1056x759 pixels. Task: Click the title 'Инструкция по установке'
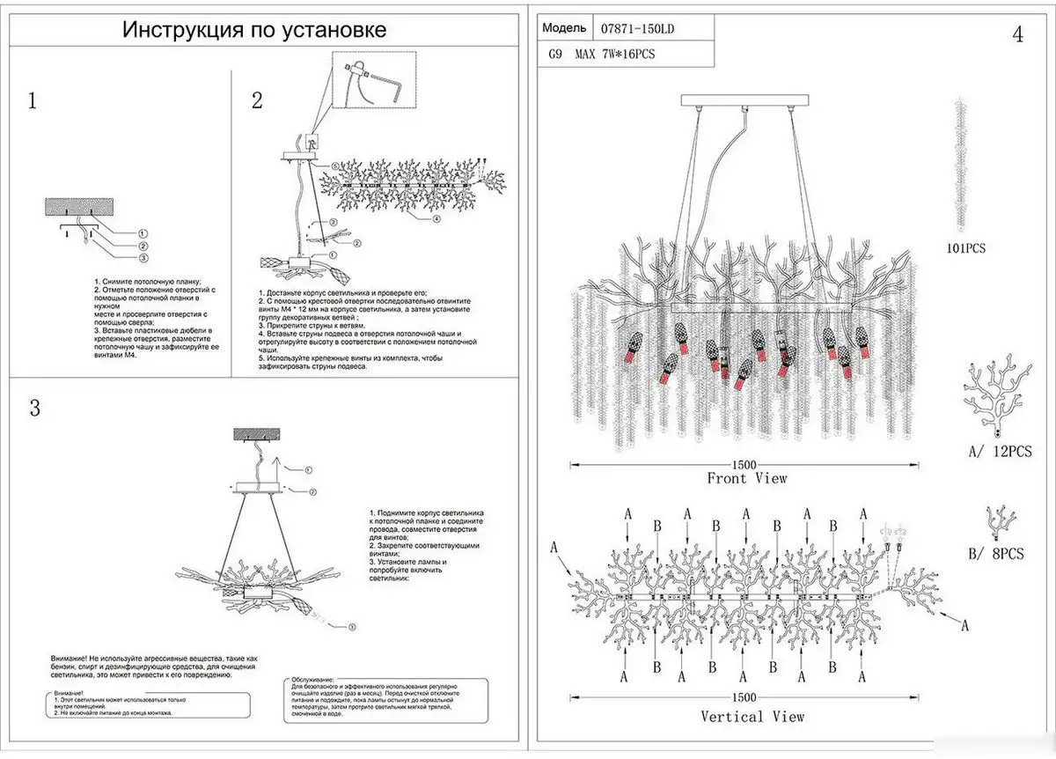pos(254,32)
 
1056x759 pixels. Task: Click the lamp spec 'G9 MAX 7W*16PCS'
pos(602,55)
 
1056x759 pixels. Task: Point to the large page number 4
pos(1018,35)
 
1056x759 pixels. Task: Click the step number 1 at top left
pos(33,99)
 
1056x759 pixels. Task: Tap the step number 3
pos(35,409)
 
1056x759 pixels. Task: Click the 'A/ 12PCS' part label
pos(998,451)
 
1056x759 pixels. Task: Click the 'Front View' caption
pos(746,478)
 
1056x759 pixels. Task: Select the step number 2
pos(257,100)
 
